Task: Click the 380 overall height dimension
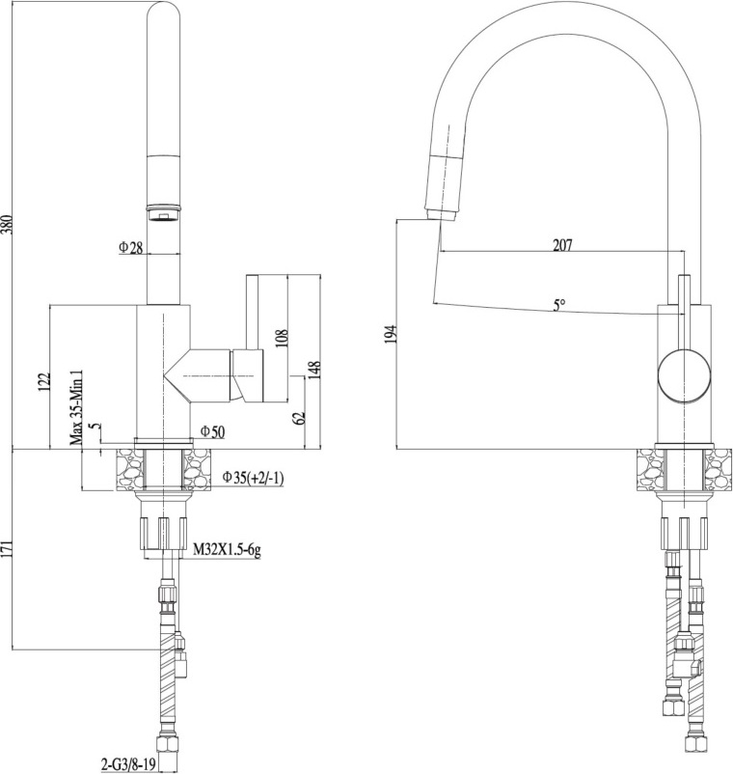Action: [7, 225]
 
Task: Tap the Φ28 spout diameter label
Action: [131, 247]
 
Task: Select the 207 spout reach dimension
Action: [562, 245]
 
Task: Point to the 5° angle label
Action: [558, 306]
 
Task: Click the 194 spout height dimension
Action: [392, 334]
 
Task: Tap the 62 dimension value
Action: [300, 417]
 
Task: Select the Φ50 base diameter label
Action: [212, 432]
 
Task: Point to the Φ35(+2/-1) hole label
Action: [253, 478]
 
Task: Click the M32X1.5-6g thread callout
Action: [227, 549]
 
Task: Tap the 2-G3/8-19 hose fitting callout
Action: [128, 765]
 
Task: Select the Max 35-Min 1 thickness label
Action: [76, 407]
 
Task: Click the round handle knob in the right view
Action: [685, 373]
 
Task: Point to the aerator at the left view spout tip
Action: [164, 213]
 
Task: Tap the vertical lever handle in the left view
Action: [253, 312]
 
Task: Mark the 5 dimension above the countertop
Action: [96, 426]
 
